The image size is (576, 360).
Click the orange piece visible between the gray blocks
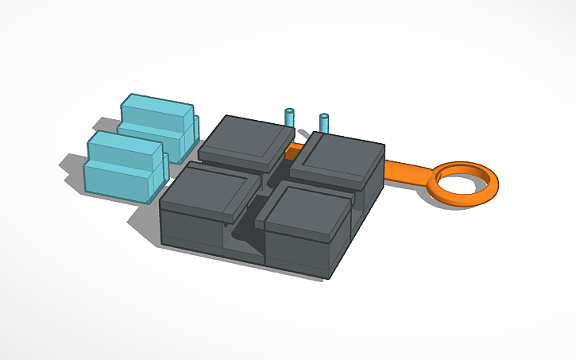pos(295,149)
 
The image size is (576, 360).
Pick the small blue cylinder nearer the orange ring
pos(324,122)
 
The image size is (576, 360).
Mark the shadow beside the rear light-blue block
pos(103,125)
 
